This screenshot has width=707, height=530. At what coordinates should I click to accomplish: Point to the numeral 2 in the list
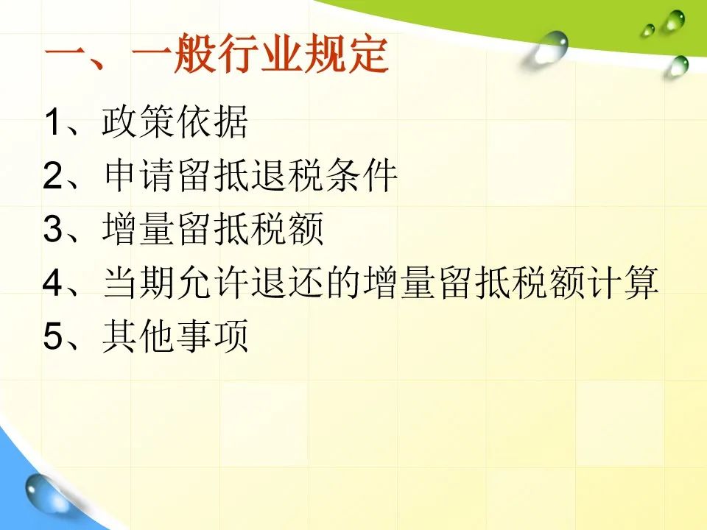click(x=52, y=175)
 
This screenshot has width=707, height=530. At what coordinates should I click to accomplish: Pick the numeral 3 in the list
click(x=52, y=228)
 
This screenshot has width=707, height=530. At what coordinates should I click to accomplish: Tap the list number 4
click(x=52, y=283)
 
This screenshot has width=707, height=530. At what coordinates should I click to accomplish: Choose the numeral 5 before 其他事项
click(x=52, y=336)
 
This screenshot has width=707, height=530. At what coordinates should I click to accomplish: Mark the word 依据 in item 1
click(x=211, y=121)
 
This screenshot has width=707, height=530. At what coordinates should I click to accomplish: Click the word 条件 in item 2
click(x=361, y=175)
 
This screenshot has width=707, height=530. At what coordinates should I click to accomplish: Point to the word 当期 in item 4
click(x=139, y=283)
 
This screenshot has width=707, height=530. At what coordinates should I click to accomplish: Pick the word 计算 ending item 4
click(x=623, y=283)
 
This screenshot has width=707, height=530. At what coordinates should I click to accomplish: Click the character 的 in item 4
click(x=342, y=283)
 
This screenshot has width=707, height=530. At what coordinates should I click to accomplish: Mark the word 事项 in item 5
click(x=211, y=336)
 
